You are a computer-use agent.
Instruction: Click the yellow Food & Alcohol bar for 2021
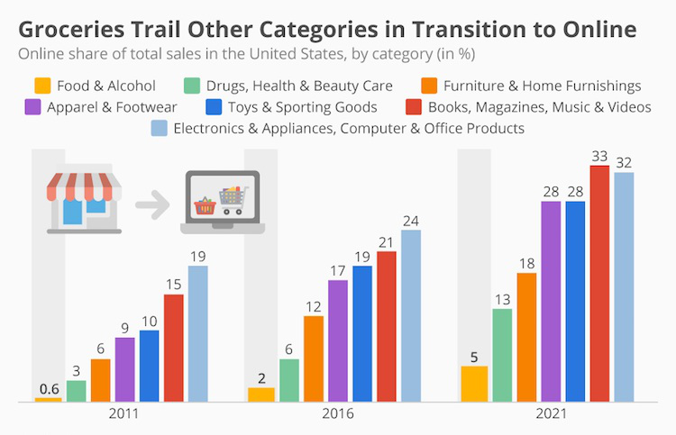474,384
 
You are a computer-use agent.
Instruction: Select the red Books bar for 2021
599,284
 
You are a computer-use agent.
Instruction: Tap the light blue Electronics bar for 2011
197,333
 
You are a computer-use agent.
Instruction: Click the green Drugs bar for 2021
502,355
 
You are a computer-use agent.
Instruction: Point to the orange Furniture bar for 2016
314,358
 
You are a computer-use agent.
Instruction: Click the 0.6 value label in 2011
49,389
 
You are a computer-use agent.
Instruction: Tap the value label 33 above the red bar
600,156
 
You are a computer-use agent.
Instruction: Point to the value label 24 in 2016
411,220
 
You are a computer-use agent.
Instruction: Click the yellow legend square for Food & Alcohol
41,86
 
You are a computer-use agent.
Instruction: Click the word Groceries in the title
78,29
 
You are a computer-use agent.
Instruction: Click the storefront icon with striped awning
85,200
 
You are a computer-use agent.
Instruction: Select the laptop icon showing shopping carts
221,202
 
